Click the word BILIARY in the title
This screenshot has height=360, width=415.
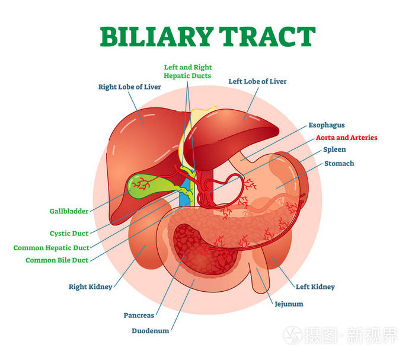(157, 37)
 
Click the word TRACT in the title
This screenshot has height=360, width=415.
(267, 37)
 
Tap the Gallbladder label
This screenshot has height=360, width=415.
(69, 211)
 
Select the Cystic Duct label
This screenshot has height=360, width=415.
(69, 233)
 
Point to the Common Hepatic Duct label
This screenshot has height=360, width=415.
(52, 248)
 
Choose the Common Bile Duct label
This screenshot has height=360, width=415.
(57, 260)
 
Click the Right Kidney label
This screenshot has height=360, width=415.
(91, 286)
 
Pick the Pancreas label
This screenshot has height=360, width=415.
(139, 316)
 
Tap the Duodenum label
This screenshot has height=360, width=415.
(151, 330)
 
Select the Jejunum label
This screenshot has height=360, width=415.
(289, 304)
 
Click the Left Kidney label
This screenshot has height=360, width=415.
(315, 286)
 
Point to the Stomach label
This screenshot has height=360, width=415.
(339, 163)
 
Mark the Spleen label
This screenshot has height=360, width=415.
(334, 149)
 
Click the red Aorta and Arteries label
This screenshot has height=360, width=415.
(347, 138)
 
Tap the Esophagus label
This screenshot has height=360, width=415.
(327, 125)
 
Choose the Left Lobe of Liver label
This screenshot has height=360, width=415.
(257, 81)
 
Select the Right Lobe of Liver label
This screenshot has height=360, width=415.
(130, 87)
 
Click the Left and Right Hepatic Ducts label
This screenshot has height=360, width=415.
(188, 72)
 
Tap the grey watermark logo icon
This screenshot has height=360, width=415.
(293, 335)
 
